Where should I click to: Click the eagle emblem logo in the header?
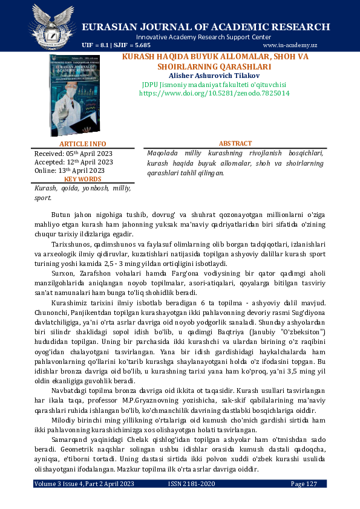[x=52, y=27]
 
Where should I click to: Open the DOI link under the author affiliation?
[x=214, y=94]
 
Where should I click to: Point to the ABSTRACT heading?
[x=235, y=144]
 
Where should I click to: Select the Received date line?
[x=73, y=154]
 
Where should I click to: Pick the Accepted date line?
[x=73, y=162]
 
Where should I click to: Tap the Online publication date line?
[x=70, y=170]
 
